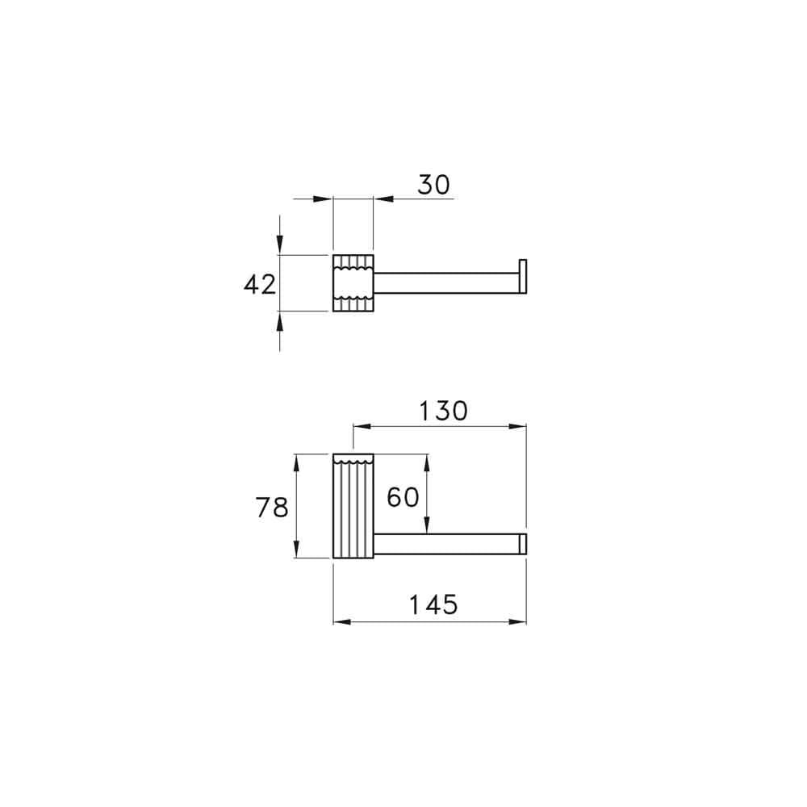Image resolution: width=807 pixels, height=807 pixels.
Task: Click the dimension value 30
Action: tap(433, 185)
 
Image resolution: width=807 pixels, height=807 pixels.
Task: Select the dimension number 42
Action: tap(260, 285)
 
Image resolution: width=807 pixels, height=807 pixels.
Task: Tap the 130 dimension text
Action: tap(443, 412)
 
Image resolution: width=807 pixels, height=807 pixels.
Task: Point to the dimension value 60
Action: tap(403, 497)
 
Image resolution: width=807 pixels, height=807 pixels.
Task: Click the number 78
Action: tap(272, 508)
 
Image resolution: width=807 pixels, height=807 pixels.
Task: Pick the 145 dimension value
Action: tap(433, 604)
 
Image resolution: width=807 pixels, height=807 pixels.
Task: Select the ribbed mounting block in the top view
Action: tap(353, 283)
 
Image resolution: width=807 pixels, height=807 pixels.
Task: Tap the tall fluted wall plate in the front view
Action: tap(353, 506)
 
